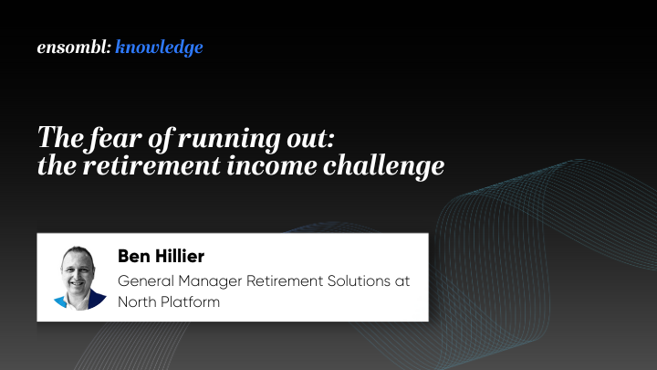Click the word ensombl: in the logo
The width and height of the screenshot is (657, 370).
click(73, 48)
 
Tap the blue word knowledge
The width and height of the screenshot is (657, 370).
click(160, 48)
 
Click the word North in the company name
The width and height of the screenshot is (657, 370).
click(138, 301)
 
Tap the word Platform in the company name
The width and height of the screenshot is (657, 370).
click(191, 301)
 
